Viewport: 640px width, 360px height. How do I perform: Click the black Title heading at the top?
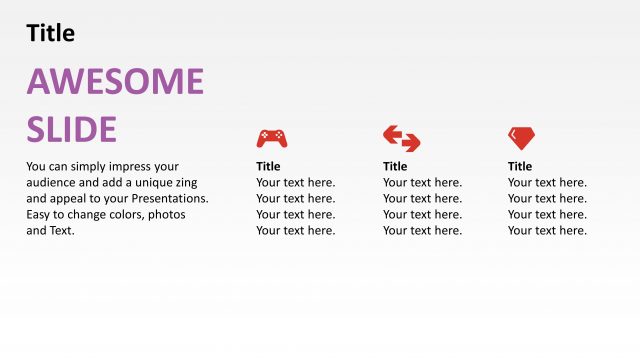coord(50,33)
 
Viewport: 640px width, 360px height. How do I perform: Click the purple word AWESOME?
coord(115,82)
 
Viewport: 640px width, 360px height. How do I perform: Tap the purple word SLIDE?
coord(71,129)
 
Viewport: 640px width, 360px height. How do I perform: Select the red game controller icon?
coord(271,138)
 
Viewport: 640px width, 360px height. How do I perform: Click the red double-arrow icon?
coord(401,138)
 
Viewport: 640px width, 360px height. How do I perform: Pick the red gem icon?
coord(521,138)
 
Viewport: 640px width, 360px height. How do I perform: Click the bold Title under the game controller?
coord(268,166)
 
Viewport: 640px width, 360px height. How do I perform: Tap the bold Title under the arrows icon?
coord(395,166)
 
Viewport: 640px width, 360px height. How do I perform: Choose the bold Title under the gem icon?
coord(520,166)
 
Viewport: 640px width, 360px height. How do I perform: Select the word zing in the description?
coord(186,182)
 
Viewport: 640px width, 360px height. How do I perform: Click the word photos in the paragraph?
coord(167,214)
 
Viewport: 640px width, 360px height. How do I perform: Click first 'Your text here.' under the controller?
coord(295,182)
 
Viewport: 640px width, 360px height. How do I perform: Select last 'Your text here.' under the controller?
coord(295,230)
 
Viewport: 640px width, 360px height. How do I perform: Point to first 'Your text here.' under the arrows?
coord(422,182)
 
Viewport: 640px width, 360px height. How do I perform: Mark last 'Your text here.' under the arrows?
coord(422,230)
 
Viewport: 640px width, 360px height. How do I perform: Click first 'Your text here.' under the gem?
coord(547,182)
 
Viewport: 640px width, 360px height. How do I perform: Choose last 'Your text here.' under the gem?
coord(547,230)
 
